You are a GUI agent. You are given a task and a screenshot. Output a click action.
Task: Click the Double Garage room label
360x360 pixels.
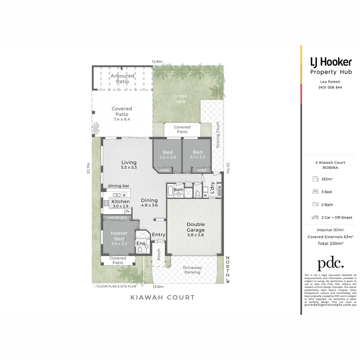[x=195, y=227]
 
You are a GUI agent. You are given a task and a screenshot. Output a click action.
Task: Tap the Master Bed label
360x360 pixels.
[x=119, y=236]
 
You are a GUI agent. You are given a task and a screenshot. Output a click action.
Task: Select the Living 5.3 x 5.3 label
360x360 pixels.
[x=129, y=165]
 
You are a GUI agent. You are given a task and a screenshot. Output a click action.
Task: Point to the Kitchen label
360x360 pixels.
[x=121, y=202]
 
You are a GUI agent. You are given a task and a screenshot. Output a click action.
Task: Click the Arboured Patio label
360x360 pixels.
[x=122, y=78]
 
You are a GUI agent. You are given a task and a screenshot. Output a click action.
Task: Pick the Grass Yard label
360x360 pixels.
[x=180, y=99]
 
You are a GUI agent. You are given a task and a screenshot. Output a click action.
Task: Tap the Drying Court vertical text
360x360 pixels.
[x=218, y=135]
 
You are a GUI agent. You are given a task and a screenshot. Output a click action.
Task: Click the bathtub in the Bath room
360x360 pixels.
[x=170, y=191]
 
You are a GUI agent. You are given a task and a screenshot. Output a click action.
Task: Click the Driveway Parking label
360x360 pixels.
[x=192, y=270]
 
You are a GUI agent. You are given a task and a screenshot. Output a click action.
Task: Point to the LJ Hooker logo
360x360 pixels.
[x=331, y=62]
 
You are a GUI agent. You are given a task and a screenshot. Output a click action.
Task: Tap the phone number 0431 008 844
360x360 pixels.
[x=330, y=88]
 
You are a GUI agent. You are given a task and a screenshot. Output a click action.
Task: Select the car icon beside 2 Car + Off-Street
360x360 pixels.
[x=315, y=217]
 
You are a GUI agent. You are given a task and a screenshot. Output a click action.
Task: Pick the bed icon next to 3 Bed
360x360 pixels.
[x=315, y=192]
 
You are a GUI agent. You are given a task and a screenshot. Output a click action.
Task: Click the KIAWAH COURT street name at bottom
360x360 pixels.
[x=163, y=297]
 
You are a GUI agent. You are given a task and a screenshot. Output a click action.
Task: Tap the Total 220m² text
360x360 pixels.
[x=330, y=243]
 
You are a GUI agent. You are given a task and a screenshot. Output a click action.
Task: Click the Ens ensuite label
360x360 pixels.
[x=141, y=243]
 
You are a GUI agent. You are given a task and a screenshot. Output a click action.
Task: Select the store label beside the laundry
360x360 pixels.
[x=219, y=191]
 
